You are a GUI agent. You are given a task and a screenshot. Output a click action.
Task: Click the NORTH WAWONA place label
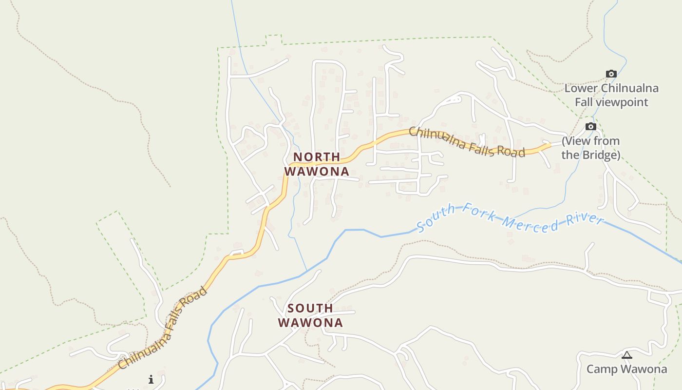click(x=317, y=164)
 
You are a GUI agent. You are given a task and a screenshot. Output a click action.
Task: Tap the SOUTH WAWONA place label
click(x=310, y=315)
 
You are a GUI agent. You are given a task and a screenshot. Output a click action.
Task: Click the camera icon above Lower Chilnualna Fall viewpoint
click(x=611, y=74)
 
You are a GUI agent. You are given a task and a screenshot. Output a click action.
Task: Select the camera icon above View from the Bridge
click(x=590, y=127)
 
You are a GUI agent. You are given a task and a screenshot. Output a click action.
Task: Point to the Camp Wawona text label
click(x=626, y=369)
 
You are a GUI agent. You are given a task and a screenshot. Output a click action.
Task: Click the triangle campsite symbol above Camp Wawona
click(x=626, y=355)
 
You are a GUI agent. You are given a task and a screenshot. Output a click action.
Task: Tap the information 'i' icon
click(x=151, y=379)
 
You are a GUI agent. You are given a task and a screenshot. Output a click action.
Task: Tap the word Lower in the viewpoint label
click(x=581, y=88)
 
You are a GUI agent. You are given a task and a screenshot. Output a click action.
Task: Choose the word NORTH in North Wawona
click(x=317, y=157)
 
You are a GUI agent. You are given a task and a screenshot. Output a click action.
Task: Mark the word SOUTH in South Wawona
click(x=310, y=308)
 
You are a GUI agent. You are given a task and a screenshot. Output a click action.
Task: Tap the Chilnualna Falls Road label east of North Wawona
click(x=467, y=142)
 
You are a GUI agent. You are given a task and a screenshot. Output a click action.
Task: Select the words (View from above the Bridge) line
click(x=590, y=141)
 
